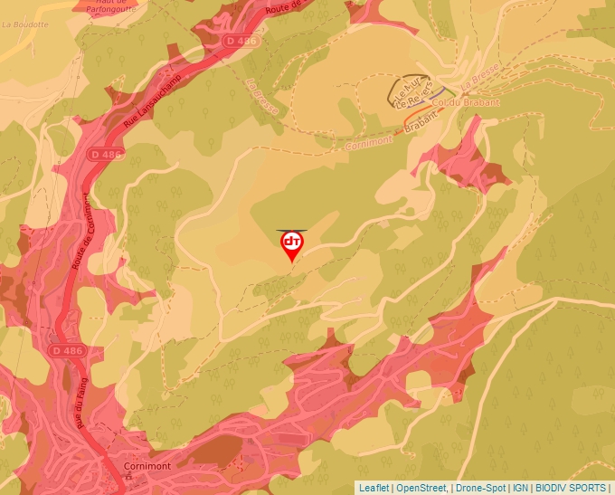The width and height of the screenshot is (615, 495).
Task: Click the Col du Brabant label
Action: [466, 103]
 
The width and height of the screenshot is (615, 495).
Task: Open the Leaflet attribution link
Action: [374, 488]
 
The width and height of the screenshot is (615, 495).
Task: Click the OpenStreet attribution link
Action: [421, 488]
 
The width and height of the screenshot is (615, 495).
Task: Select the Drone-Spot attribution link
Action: [480, 488]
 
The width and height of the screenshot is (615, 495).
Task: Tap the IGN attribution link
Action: [521, 488]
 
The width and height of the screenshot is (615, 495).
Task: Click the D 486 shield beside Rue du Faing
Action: [68, 350]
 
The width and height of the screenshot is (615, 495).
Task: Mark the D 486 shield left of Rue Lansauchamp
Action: [106, 155]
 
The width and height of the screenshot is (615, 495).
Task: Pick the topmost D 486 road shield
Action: [241, 41]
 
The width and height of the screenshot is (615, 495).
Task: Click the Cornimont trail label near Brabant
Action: [370, 142]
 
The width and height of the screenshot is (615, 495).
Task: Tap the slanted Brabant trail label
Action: [415, 129]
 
